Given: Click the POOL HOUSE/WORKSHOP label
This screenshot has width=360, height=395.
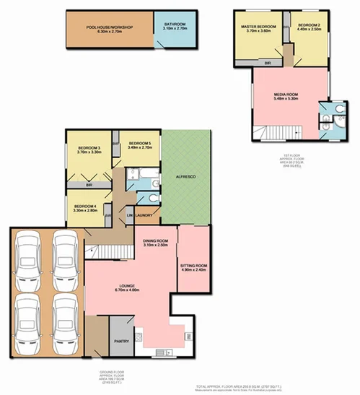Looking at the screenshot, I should pyautogui.click(x=109, y=27).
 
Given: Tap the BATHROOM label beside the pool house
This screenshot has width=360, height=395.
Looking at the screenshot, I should pyautogui.click(x=175, y=25).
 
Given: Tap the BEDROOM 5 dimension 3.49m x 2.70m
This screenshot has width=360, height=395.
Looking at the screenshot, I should pyautogui.click(x=139, y=147).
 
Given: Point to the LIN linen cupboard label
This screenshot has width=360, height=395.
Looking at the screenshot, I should pyautogui.click(x=131, y=216).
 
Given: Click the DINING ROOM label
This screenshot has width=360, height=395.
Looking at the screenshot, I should pyautogui.click(x=154, y=241).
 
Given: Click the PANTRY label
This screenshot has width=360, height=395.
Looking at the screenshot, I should pyautogui.click(x=120, y=342).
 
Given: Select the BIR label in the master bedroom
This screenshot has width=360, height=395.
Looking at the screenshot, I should pyautogui.click(x=268, y=63).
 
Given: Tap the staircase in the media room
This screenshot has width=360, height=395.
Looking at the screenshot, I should pyautogui.click(x=275, y=131).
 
